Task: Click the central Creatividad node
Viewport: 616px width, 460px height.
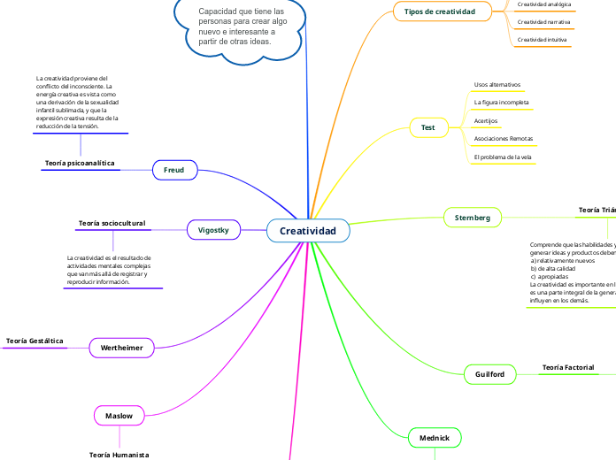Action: pyautogui.click(x=308, y=231)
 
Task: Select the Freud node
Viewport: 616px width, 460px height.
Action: pyautogui.click(x=174, y=169)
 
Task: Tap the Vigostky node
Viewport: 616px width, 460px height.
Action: pyautogui.click(x=213, y=230)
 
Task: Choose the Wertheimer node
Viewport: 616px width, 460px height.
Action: pyautogui.click(x=122, y=348)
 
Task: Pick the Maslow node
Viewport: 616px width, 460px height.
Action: pyautogui.click(x=119, y=415)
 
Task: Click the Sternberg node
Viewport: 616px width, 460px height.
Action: pyautogui.click(x=472, y=217)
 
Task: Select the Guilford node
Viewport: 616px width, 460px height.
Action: pyautogui.click(x=489, y=375)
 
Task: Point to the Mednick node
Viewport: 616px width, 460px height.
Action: pyautogui.click(x=435, y=437)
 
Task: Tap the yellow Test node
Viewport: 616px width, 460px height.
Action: pyautogui.click(x=428, y=127)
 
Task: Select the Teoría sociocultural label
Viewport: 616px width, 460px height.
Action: pyautogui.click(x=112, y=224)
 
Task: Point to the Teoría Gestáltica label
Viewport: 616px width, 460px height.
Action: pyautogui.click(x=35, y=341)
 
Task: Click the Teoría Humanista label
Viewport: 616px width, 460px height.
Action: pyautogui.click(x=119, y=454)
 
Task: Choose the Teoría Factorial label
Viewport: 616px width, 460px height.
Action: pyautogui.click(x=568, y=367)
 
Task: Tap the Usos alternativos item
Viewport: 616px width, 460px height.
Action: pyautogui.click(x=497, y=85)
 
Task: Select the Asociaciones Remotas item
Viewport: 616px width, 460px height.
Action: pyautogui.click(x=504, y=139)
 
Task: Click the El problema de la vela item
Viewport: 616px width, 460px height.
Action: pyautogui.click(x=503, y=157)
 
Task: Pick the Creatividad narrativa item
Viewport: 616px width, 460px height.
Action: pyautogui.click(x=543, y=22)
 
